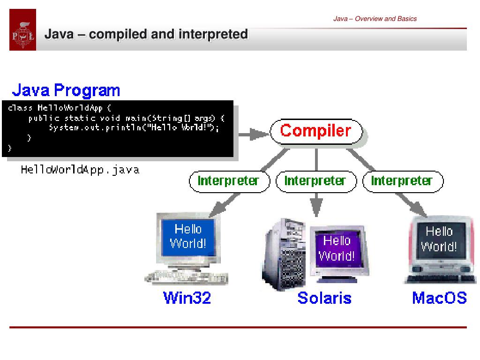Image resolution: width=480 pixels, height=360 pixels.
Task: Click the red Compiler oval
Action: pos(316,131)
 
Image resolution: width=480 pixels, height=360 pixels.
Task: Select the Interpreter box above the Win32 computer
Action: pos(229,181)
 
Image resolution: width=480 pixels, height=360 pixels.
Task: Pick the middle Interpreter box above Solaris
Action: pos(316,181)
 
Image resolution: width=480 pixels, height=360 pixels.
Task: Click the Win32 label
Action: pos(187,298)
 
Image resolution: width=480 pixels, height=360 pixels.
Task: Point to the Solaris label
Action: pos(324,298)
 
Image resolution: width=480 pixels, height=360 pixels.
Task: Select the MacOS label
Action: pos(439,298)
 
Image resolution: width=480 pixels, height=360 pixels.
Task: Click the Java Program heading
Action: pos(66,90)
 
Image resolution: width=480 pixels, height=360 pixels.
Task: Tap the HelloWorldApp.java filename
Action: pos(80,170)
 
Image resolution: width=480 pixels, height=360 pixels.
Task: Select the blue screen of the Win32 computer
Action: pos(187,236)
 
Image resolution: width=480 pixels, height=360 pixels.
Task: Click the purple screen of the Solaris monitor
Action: pos(337,248)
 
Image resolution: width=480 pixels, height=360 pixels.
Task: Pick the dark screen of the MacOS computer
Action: pos(439,239)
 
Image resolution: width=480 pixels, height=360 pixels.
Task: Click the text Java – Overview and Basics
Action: pos(375,19)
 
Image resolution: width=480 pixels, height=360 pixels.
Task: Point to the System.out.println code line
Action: pos(134,127)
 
